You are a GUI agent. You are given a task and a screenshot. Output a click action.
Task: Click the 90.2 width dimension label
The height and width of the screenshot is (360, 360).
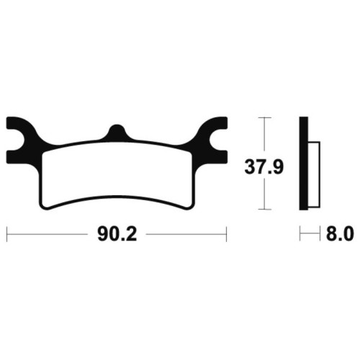point(117,234)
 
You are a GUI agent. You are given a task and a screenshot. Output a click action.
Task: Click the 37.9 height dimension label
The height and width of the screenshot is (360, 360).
point(264,167)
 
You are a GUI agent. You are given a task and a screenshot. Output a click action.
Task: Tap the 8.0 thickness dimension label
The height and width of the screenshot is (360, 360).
point(340,234)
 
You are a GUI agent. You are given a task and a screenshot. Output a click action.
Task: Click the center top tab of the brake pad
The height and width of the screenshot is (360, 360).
point(117,132)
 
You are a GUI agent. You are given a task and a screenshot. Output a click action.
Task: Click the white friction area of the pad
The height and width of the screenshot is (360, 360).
point(117,174)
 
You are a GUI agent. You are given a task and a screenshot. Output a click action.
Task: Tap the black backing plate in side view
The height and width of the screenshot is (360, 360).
point(304,163)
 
